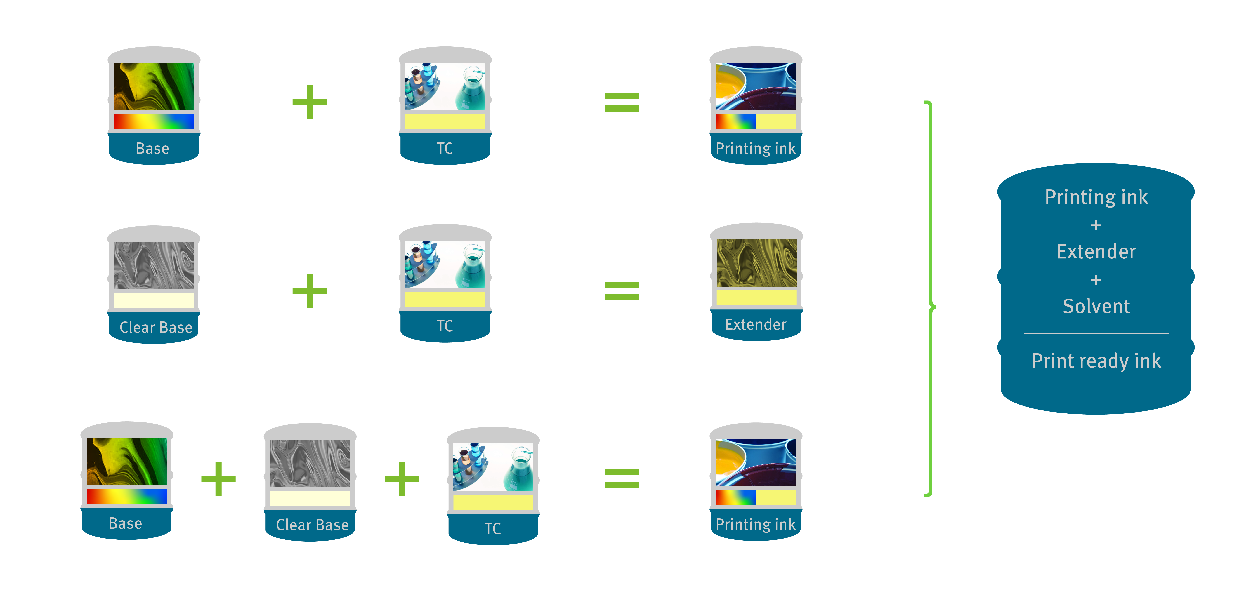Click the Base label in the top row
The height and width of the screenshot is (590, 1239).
coord(152,149)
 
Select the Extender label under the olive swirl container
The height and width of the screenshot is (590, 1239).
coord(756,325)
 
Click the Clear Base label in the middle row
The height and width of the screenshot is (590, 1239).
coord(156,328)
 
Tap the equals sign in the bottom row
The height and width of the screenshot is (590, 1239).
coord(621,478)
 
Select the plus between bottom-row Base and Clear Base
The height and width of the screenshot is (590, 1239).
coord(218,478)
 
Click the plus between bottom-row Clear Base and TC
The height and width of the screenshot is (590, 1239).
coord(402,478)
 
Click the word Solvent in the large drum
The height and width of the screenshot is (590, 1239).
coord(1096,306)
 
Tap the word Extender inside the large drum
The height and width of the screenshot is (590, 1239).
coord(1096,251)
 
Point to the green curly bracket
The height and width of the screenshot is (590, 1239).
coord(931,298)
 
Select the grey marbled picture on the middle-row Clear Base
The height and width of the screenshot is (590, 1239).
coord(154,265)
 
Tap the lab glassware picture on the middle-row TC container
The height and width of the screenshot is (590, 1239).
coord(445,264)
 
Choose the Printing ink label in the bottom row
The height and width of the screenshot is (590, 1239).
coord(756,524)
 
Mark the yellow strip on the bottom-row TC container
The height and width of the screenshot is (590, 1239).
coord(493,502)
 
